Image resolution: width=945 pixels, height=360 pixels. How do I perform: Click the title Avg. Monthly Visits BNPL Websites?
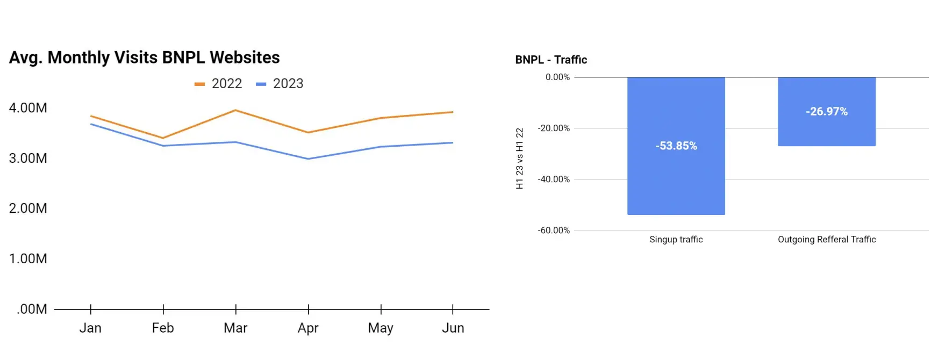click(x=144, y=57)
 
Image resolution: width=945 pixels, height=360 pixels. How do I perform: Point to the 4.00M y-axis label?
click(x=28, y=108)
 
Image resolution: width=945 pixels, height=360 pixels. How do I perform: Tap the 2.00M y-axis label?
click(x=28, y=208)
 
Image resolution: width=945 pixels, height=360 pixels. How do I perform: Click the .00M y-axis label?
click(x=32, y=309)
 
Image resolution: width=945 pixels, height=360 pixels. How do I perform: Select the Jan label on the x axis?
click(x=90, y=328)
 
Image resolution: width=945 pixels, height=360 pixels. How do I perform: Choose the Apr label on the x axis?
click(x=308, y=328)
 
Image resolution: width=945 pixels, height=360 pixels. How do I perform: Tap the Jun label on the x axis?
click(x=453, y=328)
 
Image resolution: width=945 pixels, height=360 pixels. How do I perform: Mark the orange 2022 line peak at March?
click(x=235, y=110)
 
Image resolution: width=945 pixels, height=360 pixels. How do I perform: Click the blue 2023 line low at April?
click(x=308, y=159)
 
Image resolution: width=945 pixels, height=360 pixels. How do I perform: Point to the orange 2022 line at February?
click(x=163, y=138)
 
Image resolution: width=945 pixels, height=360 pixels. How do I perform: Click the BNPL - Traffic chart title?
click(x=551, y=60)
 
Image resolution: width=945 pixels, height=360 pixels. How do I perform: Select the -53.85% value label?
click(x=676, y=146)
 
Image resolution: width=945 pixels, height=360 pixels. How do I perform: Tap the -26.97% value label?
click(x=826, y=112)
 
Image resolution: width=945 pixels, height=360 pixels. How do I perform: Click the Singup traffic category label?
click(x=676, y=240)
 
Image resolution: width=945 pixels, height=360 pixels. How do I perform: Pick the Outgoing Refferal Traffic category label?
click(x=827, y=240)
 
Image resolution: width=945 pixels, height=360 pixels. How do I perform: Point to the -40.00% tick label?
click(x=554, y=179)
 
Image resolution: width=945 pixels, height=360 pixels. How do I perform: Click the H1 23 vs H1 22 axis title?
click(x=519, y=159)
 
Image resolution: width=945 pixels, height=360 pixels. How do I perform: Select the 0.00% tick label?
click(x=557, y=77)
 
